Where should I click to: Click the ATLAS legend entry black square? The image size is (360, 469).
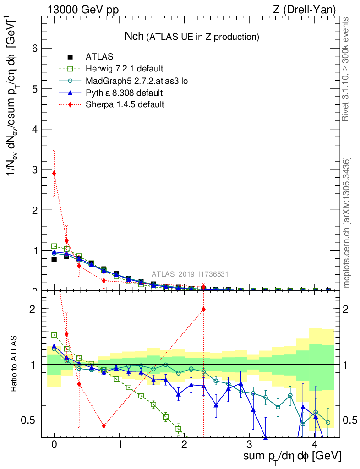coord(70,57)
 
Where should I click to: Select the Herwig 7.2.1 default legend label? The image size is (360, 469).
coord(124,69)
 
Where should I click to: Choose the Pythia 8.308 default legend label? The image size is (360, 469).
coord(124,93)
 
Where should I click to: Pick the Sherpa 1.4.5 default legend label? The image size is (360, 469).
coord(125,105)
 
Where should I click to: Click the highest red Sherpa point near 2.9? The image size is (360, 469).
coord(54,173)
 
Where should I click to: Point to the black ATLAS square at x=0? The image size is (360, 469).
coord(54,260)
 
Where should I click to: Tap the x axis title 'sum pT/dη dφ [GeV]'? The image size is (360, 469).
coord(292,456)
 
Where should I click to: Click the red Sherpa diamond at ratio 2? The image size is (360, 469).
coord(203,309)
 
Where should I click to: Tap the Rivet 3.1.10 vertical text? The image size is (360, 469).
coord(346,69)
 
